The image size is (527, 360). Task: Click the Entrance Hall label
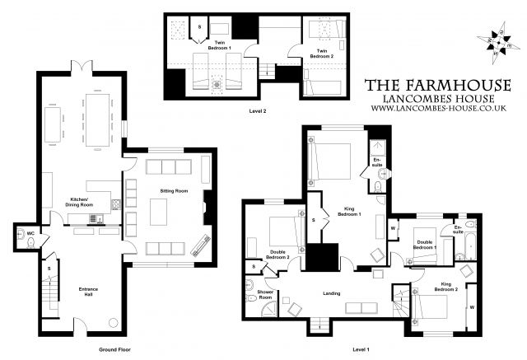(88, 291)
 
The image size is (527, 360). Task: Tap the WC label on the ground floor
(30, 233)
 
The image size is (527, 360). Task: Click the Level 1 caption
(360, 349)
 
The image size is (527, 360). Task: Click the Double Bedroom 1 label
(424, 244)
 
